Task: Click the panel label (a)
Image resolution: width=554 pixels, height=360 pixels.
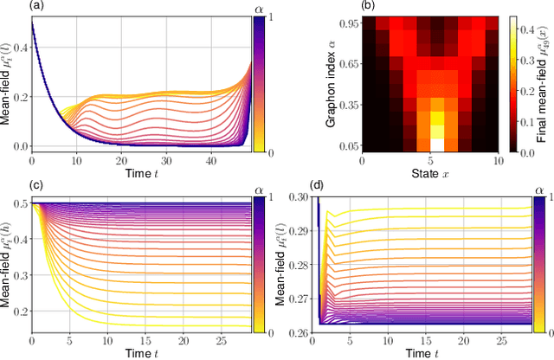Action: [12, 6]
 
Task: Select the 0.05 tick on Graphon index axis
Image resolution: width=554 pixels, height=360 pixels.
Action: [342, 144]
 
